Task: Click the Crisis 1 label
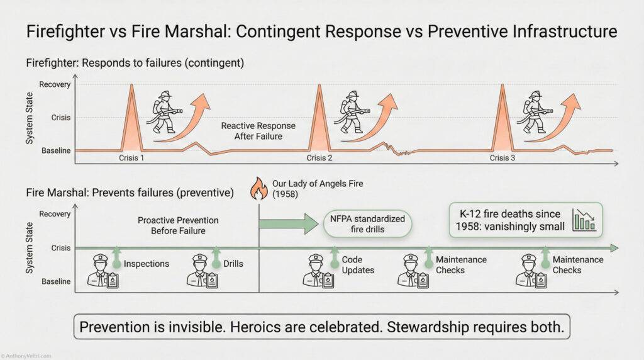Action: [x=131, y=158]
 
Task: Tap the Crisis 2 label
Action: [x=319, y=158]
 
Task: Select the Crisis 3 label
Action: [x=502, y=158]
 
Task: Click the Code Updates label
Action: [x=358, y=265]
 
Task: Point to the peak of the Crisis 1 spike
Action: [x=131, y=85]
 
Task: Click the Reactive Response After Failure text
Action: [x=258, y=131]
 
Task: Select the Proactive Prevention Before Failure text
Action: [x=178, y=226]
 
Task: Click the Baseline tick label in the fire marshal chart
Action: [x=55, y=281]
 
